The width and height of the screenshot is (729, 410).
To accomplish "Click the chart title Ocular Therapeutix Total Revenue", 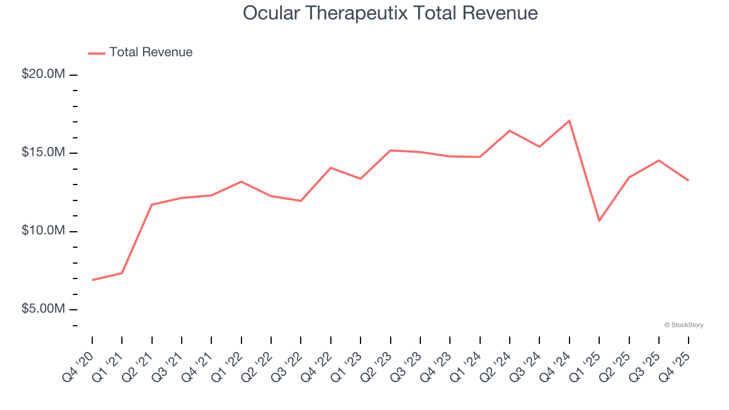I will point(390,13).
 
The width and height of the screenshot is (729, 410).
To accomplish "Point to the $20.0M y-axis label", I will point(43,75).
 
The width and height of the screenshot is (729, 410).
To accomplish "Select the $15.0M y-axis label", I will point(43,153).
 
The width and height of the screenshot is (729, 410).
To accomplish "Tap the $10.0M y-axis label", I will point(43,231).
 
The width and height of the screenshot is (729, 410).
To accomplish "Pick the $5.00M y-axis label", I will point(43,309).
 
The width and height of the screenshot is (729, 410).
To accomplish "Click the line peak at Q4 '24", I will point(570,121).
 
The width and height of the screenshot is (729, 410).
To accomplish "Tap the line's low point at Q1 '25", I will point(599,220).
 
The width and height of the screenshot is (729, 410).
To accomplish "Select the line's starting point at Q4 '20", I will point(92,280).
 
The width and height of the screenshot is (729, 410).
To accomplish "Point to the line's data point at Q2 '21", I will point(152,204).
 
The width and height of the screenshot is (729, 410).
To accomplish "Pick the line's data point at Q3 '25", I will point(659,161).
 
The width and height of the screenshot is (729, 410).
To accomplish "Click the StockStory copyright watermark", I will point(684,325).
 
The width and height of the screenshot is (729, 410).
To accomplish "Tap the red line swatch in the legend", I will point(97,53).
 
